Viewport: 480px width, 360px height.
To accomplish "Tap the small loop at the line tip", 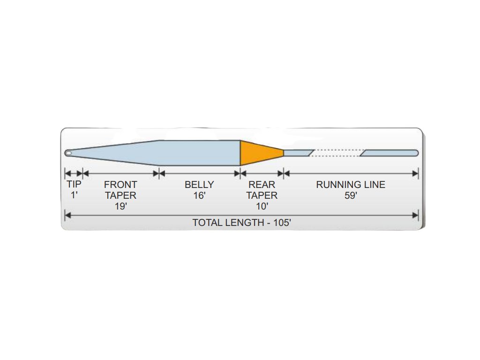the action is coord(68,153).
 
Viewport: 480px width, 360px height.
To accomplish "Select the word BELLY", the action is coord(199,185).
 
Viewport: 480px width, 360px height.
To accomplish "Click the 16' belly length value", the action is coord(199,195).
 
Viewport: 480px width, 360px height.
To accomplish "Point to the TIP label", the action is coord(74,185).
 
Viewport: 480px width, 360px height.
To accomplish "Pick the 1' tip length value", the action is coord(74,195).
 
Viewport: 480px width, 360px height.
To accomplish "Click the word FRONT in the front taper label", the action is coord(120,185).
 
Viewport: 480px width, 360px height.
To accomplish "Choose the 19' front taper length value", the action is coord(120,206).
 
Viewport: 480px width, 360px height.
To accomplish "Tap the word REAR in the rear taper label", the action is coord(262,185).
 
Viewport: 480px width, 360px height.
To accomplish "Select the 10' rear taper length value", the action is coord(262,206).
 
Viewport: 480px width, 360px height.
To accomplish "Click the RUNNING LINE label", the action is coord(351,185).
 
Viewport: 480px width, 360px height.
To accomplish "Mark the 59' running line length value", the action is coord(351,195).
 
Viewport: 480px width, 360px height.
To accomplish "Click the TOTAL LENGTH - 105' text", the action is coord(242,223).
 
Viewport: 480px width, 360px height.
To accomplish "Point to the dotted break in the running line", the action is coord(337,153).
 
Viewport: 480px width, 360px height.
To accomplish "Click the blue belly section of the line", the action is coord(199,153).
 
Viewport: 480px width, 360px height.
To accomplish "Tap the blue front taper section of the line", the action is coord(122,153).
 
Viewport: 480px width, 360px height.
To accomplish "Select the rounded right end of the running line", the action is coord(415,153).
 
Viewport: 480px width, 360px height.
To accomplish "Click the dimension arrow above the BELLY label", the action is coord(199,173).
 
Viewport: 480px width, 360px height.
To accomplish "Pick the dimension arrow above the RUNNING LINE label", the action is coord(351,173).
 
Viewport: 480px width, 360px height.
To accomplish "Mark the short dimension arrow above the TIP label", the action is coord(74,173).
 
